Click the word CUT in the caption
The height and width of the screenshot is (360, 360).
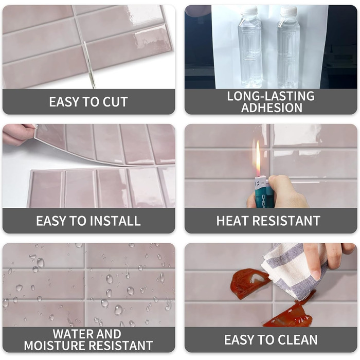tap(115, 102)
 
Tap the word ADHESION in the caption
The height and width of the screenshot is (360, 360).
tap(272, 107)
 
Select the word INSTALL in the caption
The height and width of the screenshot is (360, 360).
tap(115, 221)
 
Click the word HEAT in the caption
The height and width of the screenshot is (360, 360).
tap(233, 221)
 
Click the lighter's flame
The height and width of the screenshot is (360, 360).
tap(258, 158)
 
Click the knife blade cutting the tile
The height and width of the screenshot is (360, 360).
tap(89, 64)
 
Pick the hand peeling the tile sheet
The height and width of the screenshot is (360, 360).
tap(18, 134)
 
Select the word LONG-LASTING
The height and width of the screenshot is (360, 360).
tap(271, 96)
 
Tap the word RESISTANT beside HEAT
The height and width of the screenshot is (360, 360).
tap(286, 221)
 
